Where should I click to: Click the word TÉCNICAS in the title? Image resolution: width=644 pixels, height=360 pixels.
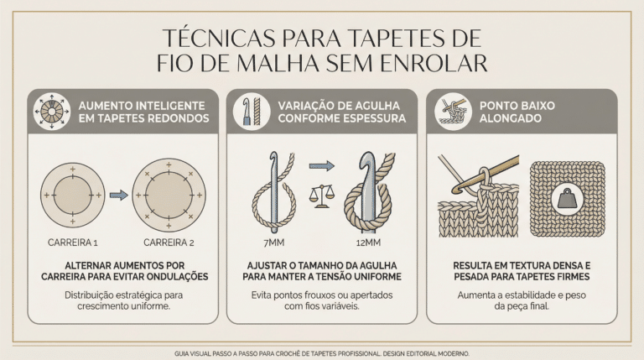pyautogui.click(x=219, y=39)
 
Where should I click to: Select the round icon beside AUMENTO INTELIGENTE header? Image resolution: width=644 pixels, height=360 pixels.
pyautogui.click(x=52, y=111)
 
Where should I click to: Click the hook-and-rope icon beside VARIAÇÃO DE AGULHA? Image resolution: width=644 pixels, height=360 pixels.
pyautogui.click(x=252, y=111)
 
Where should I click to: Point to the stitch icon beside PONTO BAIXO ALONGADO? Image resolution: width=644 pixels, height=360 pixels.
pyautogui.click(x=454, y=111)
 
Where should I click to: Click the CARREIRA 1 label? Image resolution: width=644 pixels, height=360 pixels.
pyautogui.click(x=73, y=243)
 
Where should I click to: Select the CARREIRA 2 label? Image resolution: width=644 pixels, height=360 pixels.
pyautogui.click(x=169, y=243)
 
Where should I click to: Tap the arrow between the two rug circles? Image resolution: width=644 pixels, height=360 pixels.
pyautogui.click(x=119, y=195)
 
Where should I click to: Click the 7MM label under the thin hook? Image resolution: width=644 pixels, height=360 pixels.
pyautogui.click(x=274, y=243)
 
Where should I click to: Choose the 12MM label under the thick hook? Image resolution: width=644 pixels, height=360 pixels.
pyautogui.click(x=368, y=243)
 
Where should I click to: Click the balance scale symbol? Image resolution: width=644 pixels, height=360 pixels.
pyautogui.click(x=322, y=196)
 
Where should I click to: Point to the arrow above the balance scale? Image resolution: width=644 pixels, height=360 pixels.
pyautogui.click(x=322, y=166)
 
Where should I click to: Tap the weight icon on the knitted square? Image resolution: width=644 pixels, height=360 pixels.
pyautogui.click(x=568, y=199)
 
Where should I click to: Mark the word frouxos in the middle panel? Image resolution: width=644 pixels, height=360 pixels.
pyautogui.click(x=319, y=295)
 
